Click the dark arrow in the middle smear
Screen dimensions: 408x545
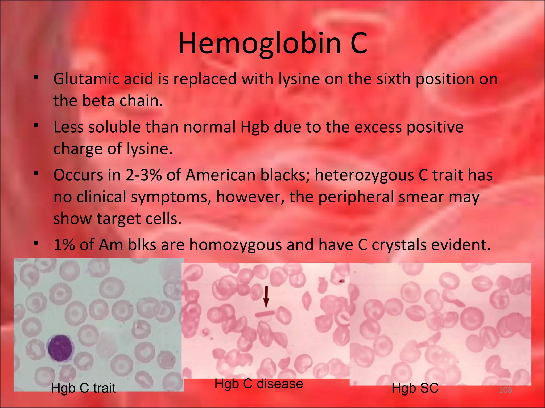[266, 297]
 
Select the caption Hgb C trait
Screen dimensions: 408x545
[83, 388]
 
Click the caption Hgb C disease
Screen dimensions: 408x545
[259, 384]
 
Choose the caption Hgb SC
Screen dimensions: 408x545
[415, 388]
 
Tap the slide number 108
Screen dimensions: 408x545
[505, 390]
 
